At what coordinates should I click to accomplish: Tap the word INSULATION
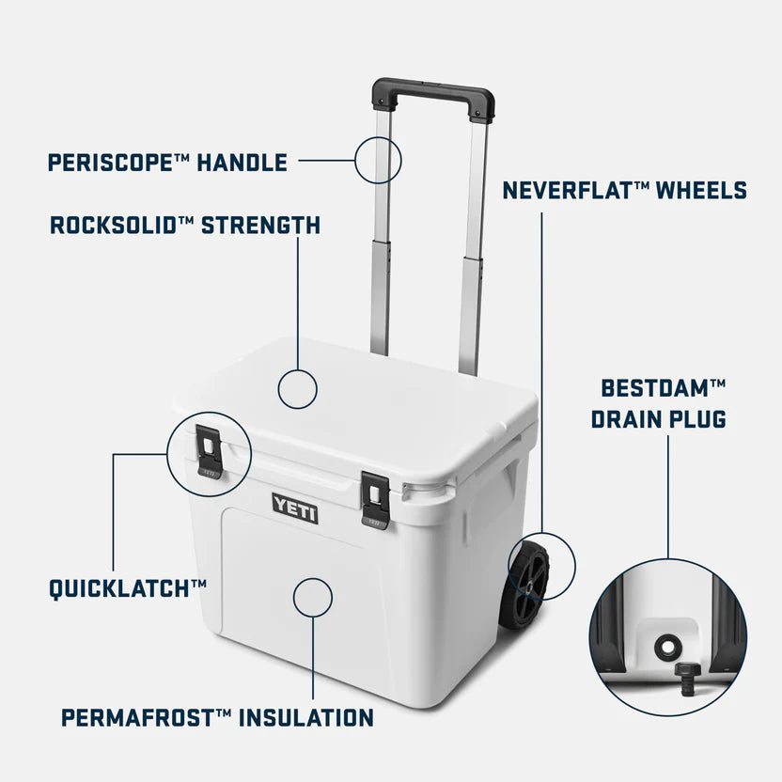(305, 718)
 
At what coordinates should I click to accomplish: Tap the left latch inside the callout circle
(208, 453)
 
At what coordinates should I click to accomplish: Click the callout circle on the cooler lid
(298, 388)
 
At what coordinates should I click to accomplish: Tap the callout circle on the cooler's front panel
(312, 596)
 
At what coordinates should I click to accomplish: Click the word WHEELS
(703, 191)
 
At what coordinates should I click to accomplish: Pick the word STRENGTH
(261, 226)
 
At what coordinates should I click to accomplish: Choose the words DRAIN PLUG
(659, 419)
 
